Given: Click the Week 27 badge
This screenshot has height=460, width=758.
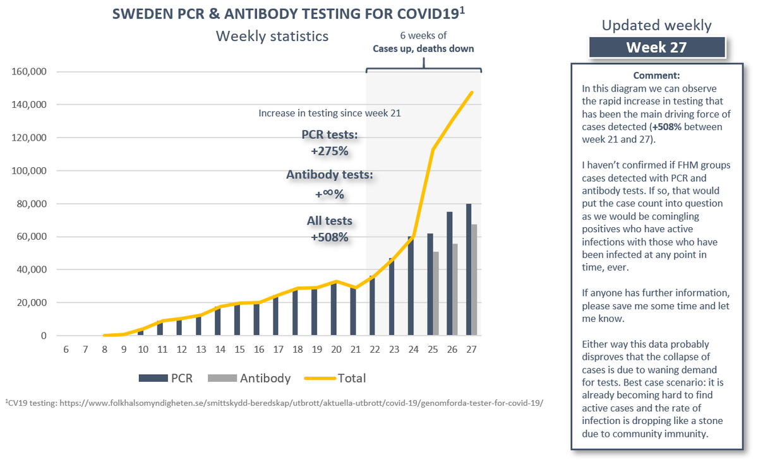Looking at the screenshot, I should [657, 47].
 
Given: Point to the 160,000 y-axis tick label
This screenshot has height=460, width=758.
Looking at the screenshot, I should [29, 71].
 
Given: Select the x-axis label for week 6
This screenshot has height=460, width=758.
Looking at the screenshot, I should [66, 350].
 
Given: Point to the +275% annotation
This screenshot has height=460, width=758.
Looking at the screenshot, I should [328, 152].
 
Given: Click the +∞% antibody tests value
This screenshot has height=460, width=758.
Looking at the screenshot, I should [328, 195].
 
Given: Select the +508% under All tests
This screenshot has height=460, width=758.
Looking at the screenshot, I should [328, 237].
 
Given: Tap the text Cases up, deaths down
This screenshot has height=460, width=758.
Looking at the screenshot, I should [423, 49].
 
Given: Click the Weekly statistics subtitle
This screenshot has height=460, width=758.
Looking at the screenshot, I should [272, 36].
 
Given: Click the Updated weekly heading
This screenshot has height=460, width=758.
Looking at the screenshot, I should [656, 25].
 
